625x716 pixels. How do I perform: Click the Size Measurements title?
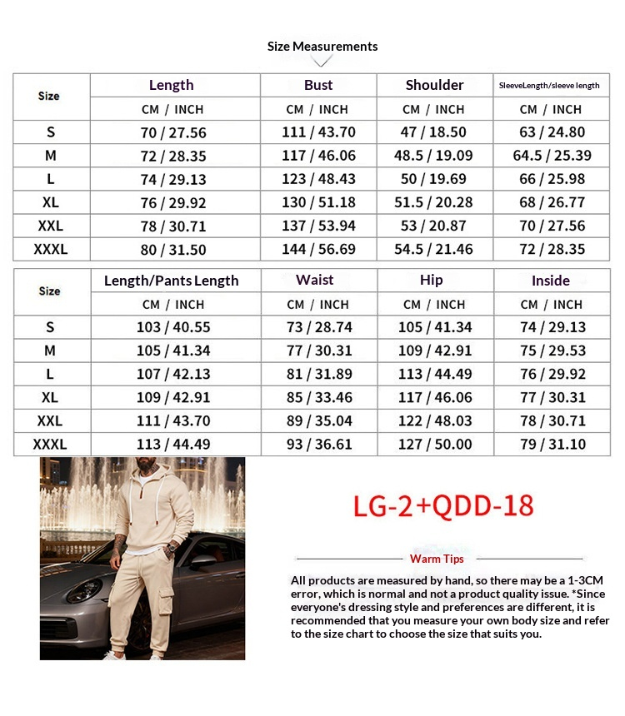(x=322, y=47)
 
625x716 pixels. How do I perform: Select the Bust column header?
(x=318, y=85)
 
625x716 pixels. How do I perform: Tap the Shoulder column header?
(x=434, y=85)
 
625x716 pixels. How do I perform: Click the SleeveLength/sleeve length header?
(x=549, y=86)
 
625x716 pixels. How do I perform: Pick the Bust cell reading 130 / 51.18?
(x=318, y=202)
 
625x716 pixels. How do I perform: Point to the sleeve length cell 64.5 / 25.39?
(x=552, y=156)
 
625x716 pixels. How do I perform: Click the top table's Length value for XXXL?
(x=173, y=249)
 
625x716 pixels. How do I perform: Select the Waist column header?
(x=315, y=280)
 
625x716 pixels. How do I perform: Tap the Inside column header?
(x=551, y=281)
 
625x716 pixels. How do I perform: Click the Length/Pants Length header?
(x=172, y=281)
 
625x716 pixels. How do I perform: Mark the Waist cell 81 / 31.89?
(x=319, y=374)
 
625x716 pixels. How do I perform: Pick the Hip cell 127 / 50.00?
(x=435, y=444)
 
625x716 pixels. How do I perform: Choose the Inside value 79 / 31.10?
(x=553, y=444)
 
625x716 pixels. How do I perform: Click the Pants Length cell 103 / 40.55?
(x=173, y=327)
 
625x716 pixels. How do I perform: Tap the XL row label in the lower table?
(x=50, y=397)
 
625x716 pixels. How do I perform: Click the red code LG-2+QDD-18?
(x=443, y=505)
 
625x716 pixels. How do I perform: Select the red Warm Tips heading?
(x=437, y=559)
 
